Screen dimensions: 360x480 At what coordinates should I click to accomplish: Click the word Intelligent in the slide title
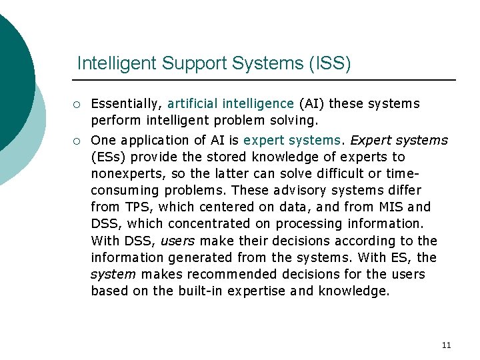(113, 64)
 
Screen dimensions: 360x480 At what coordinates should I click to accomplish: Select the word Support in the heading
(185, 64)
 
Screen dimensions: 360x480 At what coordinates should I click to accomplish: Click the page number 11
(446, 345)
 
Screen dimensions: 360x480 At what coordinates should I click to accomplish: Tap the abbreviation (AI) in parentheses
(311, 104)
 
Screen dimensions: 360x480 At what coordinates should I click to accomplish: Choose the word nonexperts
(122, 174)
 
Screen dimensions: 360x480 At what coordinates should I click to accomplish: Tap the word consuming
(126, 191)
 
